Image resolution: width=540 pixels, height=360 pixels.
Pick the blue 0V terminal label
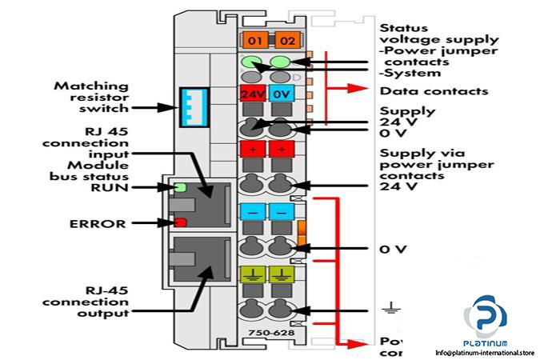tap(281, 94)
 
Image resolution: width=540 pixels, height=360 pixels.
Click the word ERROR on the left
tap(98, 224)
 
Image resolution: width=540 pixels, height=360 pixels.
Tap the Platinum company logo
tap(486, 316)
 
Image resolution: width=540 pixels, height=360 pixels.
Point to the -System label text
tap(410, 73)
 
